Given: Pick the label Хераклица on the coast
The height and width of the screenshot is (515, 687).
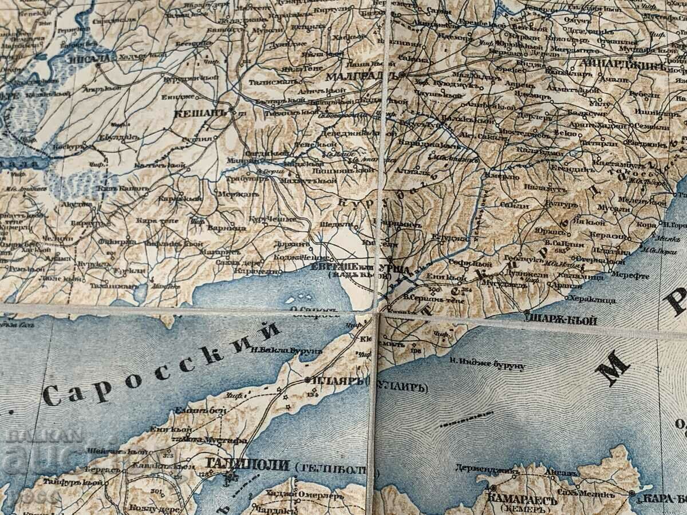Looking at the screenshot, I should (x=596, y=299).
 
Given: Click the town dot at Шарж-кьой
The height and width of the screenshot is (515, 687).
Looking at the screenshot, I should (x=527, y=312).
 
